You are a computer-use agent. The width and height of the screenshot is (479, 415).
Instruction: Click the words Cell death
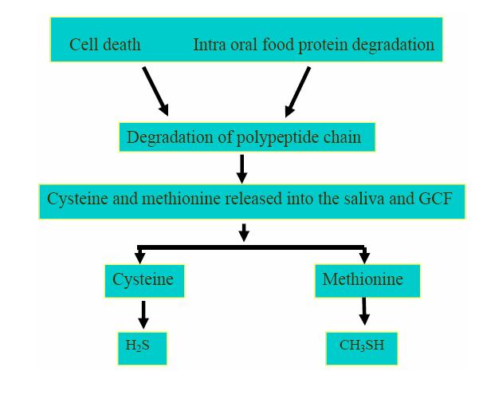click(104, 45)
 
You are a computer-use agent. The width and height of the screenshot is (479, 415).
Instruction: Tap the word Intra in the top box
click(210, 45)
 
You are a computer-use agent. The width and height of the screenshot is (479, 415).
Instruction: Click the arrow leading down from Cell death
click(155, 91)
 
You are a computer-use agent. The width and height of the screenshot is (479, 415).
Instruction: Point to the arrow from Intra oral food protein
click(297, 91)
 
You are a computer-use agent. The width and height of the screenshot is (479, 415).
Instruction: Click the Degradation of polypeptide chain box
click(246, 137)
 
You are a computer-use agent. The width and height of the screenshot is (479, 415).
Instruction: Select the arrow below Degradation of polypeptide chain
click(242, 168)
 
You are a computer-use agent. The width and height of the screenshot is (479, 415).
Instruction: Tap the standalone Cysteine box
click(143, 280)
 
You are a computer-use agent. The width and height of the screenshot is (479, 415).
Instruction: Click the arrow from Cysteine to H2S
click(143, 314)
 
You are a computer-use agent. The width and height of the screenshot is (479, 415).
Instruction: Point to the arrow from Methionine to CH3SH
click(364, 311)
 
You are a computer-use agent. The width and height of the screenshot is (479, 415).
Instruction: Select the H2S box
click(142, 347)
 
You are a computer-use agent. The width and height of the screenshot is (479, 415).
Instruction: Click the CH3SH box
click(361, 347)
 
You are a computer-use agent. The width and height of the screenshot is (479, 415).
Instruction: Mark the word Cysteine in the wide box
click(77, 199)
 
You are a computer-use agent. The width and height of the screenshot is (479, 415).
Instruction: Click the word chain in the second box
click(343, 137)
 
